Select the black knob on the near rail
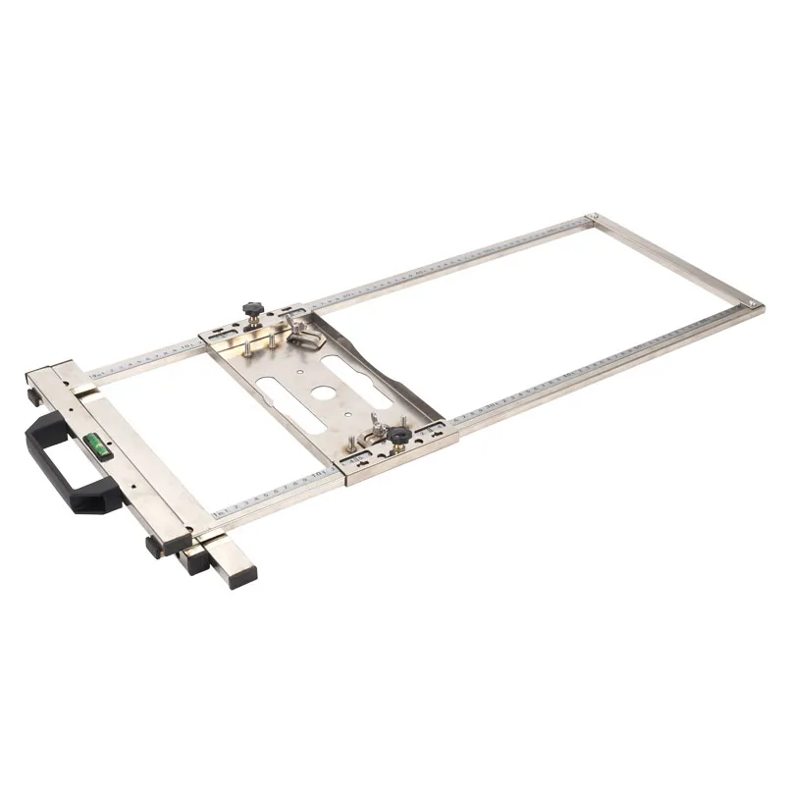coord(399,434)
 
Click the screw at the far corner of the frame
coord(592,218)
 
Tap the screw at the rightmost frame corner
coord(751,304)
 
